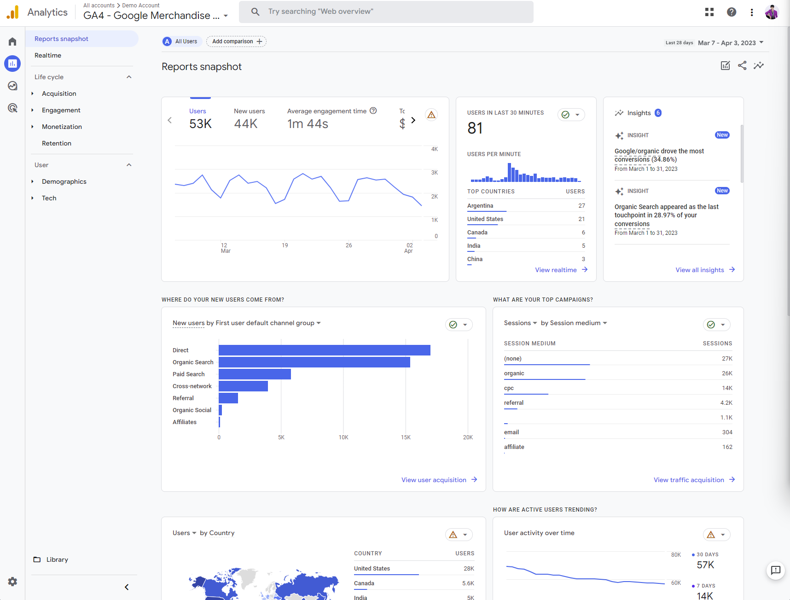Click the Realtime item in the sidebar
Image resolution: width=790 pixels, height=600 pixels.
coord(48,55)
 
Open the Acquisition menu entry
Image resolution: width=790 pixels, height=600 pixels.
coord(59,93)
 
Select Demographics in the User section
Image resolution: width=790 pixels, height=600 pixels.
coord(64,181)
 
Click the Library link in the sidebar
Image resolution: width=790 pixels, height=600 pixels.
coord(57,559)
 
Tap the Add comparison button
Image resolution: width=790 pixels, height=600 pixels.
coord(236,41)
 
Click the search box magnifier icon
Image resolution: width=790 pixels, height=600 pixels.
coord(255,12)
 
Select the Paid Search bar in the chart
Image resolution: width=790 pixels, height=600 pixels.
coord(255,374)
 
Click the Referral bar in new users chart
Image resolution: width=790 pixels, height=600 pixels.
coord(228,398)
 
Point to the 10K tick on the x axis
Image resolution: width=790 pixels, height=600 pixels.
coord(343,437)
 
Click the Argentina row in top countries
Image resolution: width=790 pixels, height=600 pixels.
coord(480,206)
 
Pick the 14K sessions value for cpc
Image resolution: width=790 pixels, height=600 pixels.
coord(727,388)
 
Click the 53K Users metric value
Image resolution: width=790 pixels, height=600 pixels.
coord(200,124)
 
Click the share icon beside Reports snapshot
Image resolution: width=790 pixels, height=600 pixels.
coord(742,65)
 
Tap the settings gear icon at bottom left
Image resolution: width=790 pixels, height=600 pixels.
coord(12,582)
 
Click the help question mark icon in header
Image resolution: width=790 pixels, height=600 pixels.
coord(731,12)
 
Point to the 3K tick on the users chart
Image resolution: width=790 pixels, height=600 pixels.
coord(434,173)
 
